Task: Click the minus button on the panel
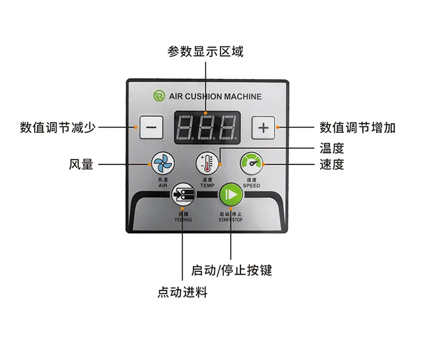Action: [x=151, y=127]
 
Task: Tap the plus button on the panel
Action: [x=263, y=127]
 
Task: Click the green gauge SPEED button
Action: [x=251, y=162]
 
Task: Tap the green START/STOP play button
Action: [x=231, y=194]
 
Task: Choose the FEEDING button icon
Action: [x=182, y=195]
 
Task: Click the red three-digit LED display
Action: [x=207, y=127]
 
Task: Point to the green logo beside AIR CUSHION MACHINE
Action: [x=158, y=96]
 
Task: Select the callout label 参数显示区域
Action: [x=205, y=52]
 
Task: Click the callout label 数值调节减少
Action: [x=58, y=127]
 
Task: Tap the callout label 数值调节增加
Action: [x=358, y=127]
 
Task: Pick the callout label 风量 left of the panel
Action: [x=80, y=164]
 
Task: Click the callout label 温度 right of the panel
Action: [x=331, y=148]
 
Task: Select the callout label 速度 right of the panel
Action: [x=331, y=164]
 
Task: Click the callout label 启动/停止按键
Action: [x=231, y=270]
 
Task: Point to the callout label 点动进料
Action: [x=182, y=292]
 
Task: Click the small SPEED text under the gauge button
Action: [x=252, y=186]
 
